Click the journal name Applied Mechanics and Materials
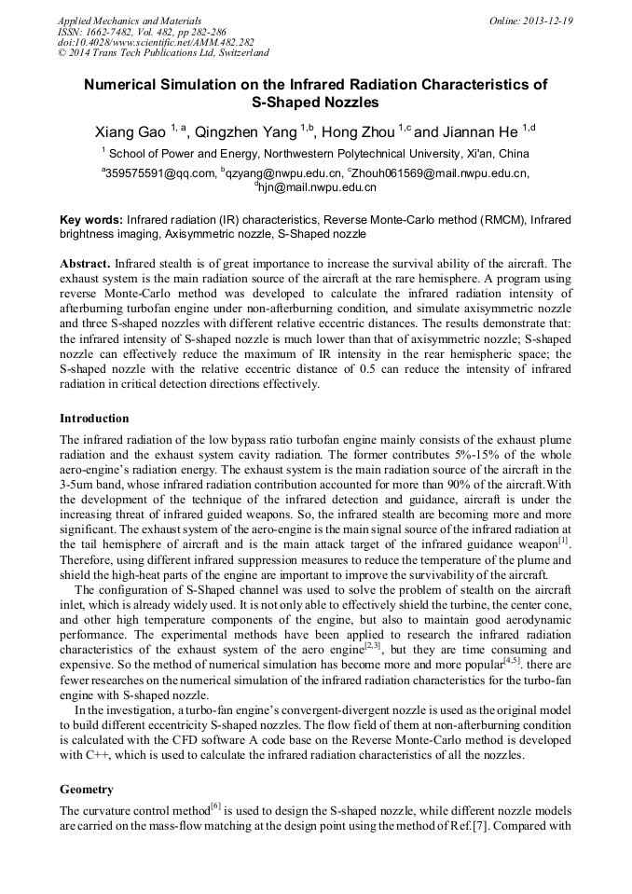point(130,21)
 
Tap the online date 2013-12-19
point(547,21)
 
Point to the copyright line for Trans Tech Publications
point(163,54)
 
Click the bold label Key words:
point(91,220)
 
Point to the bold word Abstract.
point(86,264)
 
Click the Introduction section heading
point(94,419)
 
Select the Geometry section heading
point(87,789)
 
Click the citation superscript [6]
point(215,805)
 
